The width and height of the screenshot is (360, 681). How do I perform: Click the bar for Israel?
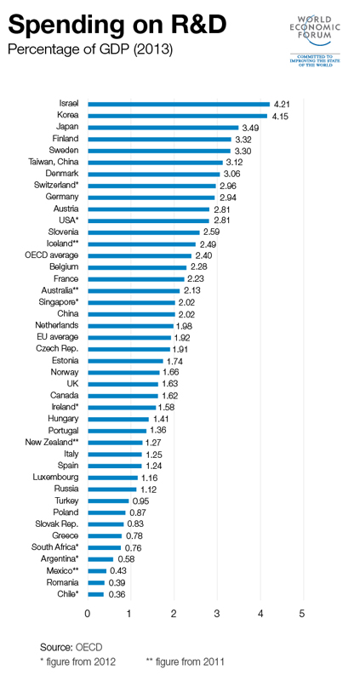point(178,104)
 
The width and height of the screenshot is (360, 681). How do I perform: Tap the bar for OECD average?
point(139,255)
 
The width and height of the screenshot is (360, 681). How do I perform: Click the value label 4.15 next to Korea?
point(281,116)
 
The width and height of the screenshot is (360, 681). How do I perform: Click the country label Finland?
point(66,139)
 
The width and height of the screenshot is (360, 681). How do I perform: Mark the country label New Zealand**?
point(52,442)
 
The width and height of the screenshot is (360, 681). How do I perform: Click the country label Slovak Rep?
point(59,524)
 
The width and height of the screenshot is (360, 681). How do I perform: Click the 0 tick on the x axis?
point(87,613)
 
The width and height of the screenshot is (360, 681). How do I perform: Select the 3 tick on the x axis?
point(216,613)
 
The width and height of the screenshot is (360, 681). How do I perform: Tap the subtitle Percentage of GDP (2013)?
point(90,50)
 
